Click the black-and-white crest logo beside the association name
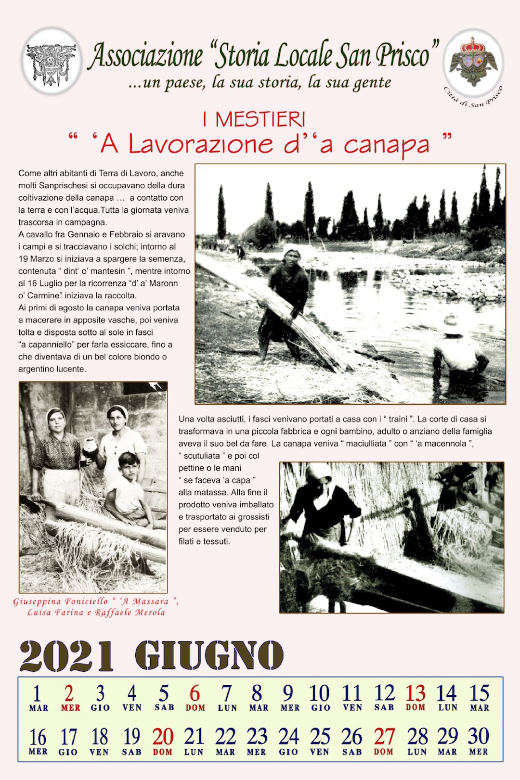coord(52,62)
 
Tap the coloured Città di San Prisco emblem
coord(473,62)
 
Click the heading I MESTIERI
coord(254,119)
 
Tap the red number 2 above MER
coord(69,694)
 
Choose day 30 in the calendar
coord(478,737)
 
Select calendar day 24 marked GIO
coord(288,737)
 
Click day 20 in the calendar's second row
coord(163,737)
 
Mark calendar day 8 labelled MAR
coord(258,694)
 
